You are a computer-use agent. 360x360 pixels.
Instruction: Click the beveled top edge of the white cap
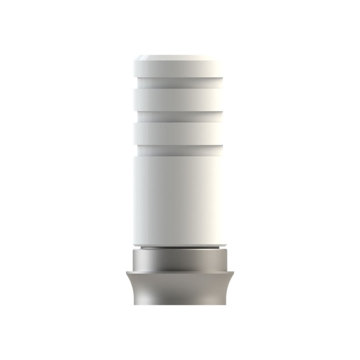pos(180,57)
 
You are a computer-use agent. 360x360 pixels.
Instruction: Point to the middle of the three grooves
pos(180,117)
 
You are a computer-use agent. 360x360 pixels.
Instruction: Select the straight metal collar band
pos(180,260)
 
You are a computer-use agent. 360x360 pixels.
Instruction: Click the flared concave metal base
pos(180,288)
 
